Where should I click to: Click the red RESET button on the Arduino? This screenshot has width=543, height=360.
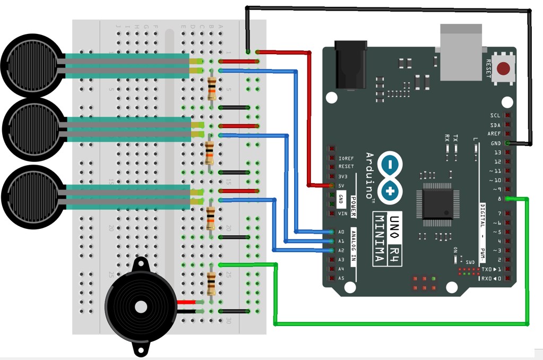pos(504,68)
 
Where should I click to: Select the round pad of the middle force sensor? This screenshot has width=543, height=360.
pos(33,126)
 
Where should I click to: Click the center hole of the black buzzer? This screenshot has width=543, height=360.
pos(141,307)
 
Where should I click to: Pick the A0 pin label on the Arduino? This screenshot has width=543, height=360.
pos(341,232)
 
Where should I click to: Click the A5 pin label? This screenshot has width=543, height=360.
pos(341,278)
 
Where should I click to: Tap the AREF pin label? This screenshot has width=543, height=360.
pos(495,134)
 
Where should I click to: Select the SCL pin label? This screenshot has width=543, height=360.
pos(495,115)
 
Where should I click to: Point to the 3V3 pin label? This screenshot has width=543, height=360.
pos(343,176)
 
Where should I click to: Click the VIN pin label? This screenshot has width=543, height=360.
pos(343,213)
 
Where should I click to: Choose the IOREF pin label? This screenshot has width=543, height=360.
pos(345,158)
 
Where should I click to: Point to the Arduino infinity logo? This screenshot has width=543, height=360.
pos(391,176)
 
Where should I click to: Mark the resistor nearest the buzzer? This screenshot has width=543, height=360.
pos(211,283)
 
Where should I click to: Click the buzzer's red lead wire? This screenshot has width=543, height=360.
pos(186,302)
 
